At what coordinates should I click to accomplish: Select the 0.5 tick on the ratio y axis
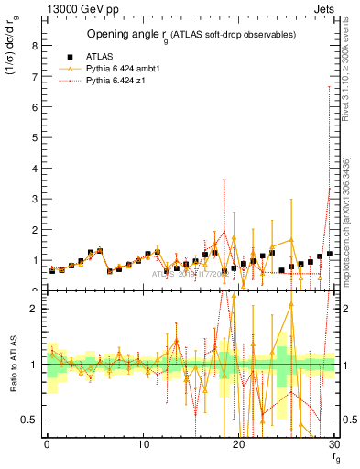coord(29,420)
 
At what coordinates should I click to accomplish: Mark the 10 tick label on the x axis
coord(143,444)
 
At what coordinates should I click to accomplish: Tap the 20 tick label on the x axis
coord(239,444)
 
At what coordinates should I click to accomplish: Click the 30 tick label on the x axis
coord(334,444)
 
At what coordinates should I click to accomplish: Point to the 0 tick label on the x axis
coord(47,444)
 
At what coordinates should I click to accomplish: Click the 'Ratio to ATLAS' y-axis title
coord(12,364)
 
